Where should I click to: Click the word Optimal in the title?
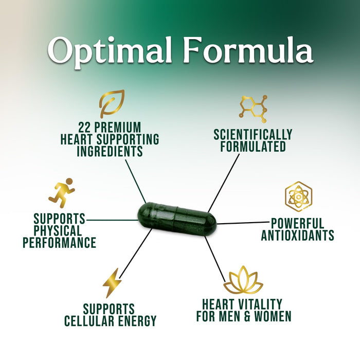110,51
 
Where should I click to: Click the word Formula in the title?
248,49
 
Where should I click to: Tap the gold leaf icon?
112,104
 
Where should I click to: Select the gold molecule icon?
253,109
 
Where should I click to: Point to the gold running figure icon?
62,193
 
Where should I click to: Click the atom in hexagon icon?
298,196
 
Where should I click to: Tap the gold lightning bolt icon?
112,283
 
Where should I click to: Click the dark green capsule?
177,219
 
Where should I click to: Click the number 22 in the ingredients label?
85,127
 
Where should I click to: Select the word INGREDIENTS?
110,151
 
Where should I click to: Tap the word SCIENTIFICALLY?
253,134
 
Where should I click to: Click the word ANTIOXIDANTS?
298,235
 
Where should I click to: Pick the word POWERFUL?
298,223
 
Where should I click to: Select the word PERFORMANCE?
60,242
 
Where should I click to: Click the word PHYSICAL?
58,230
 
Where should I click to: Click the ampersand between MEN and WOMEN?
246,316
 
